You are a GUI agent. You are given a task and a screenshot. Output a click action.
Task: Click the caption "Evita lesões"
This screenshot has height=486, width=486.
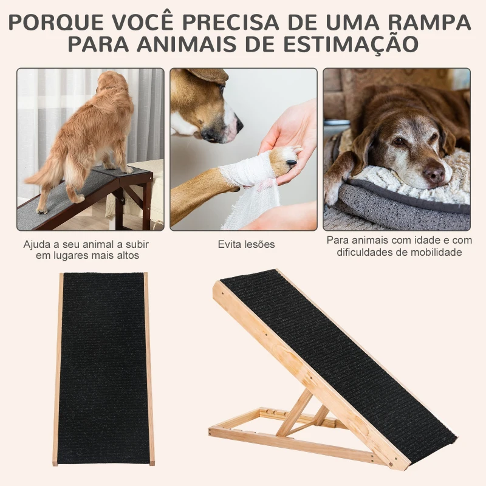246,244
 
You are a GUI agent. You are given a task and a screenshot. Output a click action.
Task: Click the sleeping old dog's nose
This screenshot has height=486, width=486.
434,174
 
